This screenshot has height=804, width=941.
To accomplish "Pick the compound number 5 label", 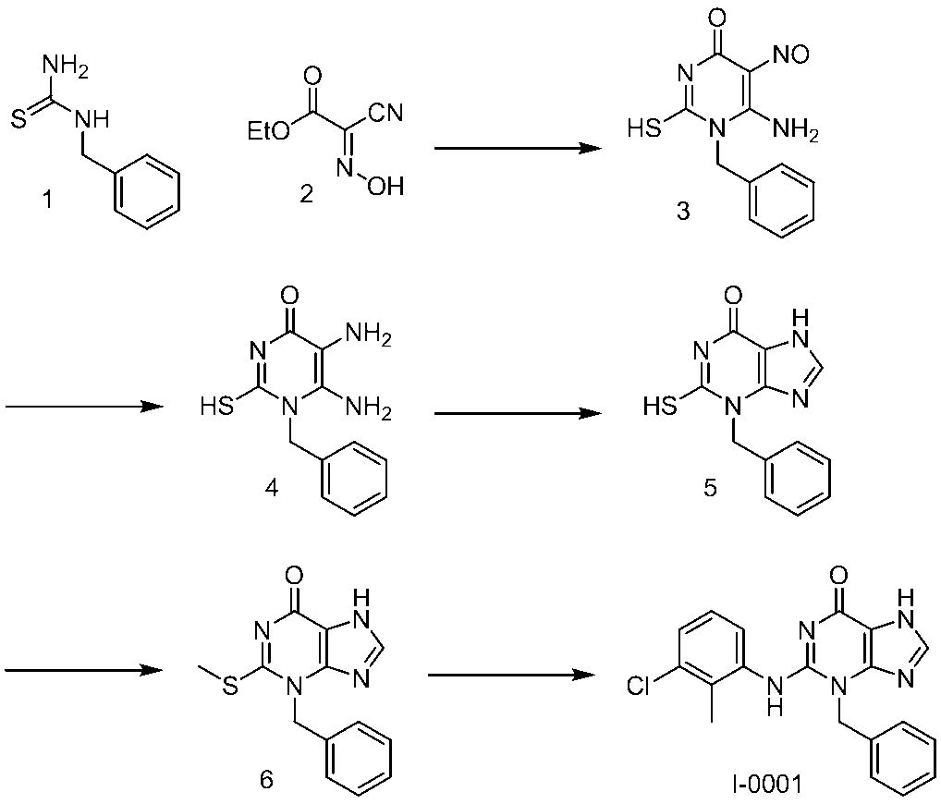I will click(x=710, y=487).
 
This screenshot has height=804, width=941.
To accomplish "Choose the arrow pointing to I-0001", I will click(x=510, y=676).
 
